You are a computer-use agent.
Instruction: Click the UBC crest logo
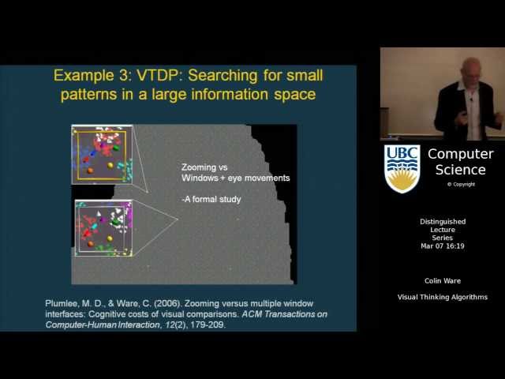coord(402,168)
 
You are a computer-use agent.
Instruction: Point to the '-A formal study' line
coord(211,199)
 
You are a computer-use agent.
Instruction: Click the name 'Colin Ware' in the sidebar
coord(443,280)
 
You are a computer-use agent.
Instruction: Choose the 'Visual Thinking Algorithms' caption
coord(443,297)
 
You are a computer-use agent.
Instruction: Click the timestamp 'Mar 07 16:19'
coord(443,246)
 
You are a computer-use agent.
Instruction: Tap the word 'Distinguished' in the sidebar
coord(443,222)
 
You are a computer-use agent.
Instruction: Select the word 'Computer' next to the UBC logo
coord(461,154)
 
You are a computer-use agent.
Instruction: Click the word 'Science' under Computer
coord(461,170)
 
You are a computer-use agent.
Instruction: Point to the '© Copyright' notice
coord(461,184)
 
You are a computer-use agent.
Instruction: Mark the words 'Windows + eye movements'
coord(235,178)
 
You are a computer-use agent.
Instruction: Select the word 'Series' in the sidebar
coord(443,238)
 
